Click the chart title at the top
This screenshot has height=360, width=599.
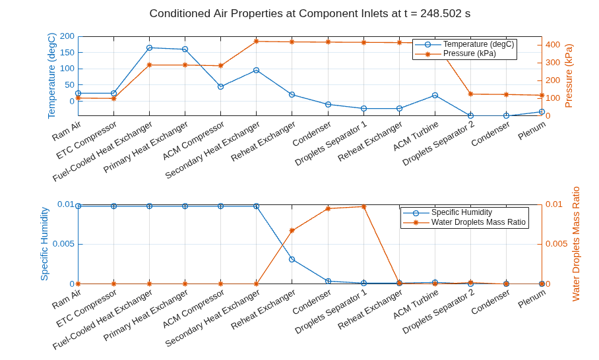(x=310, y=13)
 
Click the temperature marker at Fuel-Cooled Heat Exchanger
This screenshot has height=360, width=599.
(x=149, y=47)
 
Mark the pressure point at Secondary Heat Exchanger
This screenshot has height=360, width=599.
(x=257, y=42)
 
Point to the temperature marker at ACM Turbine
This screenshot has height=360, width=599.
(x=435, y=95)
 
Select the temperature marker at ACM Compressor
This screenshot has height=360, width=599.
(x=220, y=86)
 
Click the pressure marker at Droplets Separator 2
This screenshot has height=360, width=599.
(x=470, y=94)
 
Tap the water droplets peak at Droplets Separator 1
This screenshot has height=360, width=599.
(x=363, y=206)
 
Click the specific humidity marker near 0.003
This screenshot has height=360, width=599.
(x=292, y=260)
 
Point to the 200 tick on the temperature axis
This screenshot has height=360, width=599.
(x=67, y=36)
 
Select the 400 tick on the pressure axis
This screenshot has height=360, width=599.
(x=553, y=45)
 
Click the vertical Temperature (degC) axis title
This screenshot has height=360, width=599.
(x=51, y=76)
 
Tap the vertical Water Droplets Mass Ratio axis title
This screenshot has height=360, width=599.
(x=576, y=244)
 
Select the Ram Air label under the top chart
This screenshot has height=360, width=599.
(x=66, y=131)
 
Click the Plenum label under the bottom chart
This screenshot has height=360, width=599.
(x=532, y=299)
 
